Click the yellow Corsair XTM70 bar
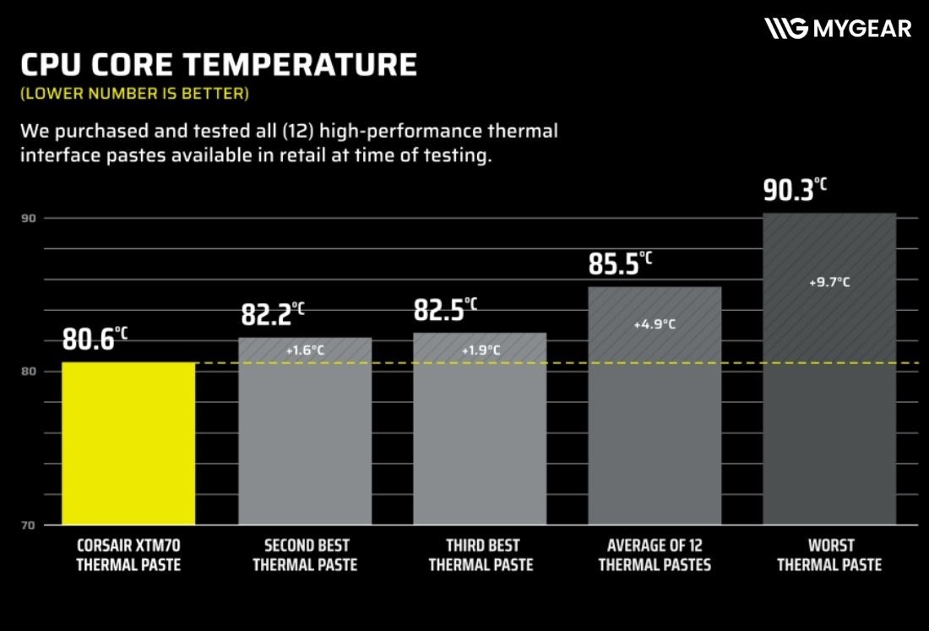pos(128,443)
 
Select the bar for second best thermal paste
pos(305,431)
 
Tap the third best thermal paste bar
pos(480,429)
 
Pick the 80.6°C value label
pos(95,339)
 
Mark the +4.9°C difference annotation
pos(655,324)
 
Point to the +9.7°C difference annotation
pos(829,283)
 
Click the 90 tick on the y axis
pos(28,219)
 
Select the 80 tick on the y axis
pos(28,372)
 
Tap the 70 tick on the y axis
pos(28,525)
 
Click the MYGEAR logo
pos(838,29)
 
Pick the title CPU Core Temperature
pos(218,66)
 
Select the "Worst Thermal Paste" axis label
pos(829,555)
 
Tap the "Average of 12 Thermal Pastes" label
pos(655,555)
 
